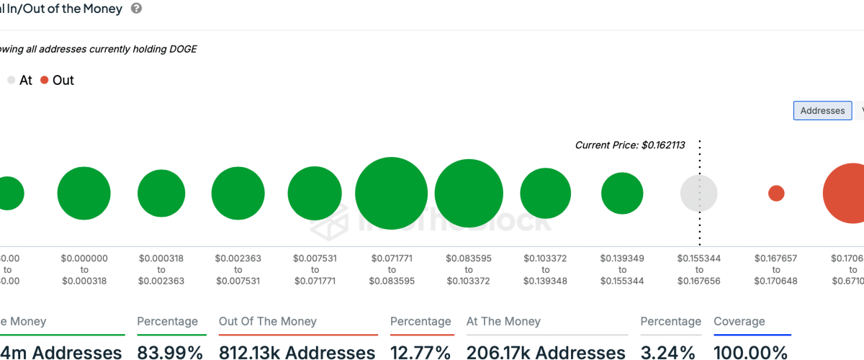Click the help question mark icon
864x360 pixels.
(x=137, y=9)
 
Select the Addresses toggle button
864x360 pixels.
(x=822, y=111)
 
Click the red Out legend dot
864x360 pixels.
(x=45, y=80)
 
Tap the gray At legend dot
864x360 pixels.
(x=11, y=80)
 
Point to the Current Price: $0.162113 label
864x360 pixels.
(x=629, y=145)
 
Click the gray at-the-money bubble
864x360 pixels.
(x=699, y=193)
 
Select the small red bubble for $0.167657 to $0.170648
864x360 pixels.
(x=776, y=193)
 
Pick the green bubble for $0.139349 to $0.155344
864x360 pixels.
(x=622, y=193)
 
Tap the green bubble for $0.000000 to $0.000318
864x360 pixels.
(x=84, y=193)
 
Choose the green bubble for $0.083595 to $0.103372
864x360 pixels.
(x=469, y=193)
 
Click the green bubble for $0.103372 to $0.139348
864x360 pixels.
(x=546, y=193)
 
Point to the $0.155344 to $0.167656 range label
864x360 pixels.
(x=699, y=269)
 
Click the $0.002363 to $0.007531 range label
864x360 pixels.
(x=238, y=269)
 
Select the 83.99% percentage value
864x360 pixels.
(x=170, y=352)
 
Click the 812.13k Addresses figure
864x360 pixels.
(x=297, y=352)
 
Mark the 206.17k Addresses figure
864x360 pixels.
(x=546, y=352)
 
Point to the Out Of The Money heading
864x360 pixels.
(x=268, y=322)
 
